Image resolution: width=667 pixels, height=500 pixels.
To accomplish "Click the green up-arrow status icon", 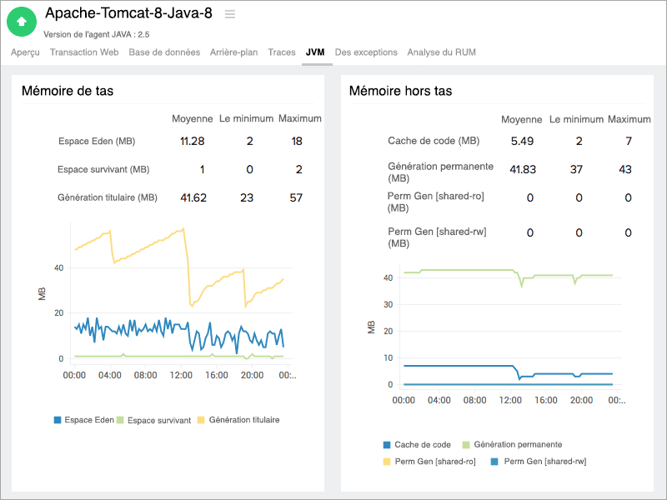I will click(22, 21).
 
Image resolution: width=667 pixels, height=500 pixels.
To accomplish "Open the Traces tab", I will click(282, 52).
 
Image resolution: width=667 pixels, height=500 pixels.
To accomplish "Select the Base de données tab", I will click(164, 52).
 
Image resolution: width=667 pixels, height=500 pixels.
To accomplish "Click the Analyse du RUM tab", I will click(441, 52).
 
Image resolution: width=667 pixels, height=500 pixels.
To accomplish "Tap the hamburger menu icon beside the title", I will click(230, 14).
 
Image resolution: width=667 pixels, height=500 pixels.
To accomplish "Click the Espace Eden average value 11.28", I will click(193, 141).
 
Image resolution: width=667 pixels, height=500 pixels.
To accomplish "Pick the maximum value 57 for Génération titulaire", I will click(296, 197).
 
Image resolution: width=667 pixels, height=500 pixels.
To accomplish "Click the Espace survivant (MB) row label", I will click(103, 169).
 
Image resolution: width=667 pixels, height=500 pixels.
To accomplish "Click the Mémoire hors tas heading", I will click(400, 91).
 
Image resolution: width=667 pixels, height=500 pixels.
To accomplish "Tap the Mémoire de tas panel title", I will click(68, 91).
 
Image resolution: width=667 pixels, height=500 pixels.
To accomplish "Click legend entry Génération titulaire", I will click(243, 420).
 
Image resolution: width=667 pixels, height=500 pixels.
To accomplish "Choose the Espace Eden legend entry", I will click(89, 420).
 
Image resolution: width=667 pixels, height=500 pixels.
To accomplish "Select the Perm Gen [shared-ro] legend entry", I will click(434, 461).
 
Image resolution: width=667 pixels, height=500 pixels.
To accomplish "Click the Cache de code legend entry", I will click(422, 444).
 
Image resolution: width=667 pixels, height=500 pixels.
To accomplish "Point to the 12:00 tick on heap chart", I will click(181, 376).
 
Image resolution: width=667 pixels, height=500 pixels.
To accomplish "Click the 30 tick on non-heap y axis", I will click(387, 303).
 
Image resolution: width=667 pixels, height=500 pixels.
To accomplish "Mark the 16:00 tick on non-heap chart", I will click(545, 400).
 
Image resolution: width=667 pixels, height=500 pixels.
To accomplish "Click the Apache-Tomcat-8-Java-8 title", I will click(128, 13).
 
